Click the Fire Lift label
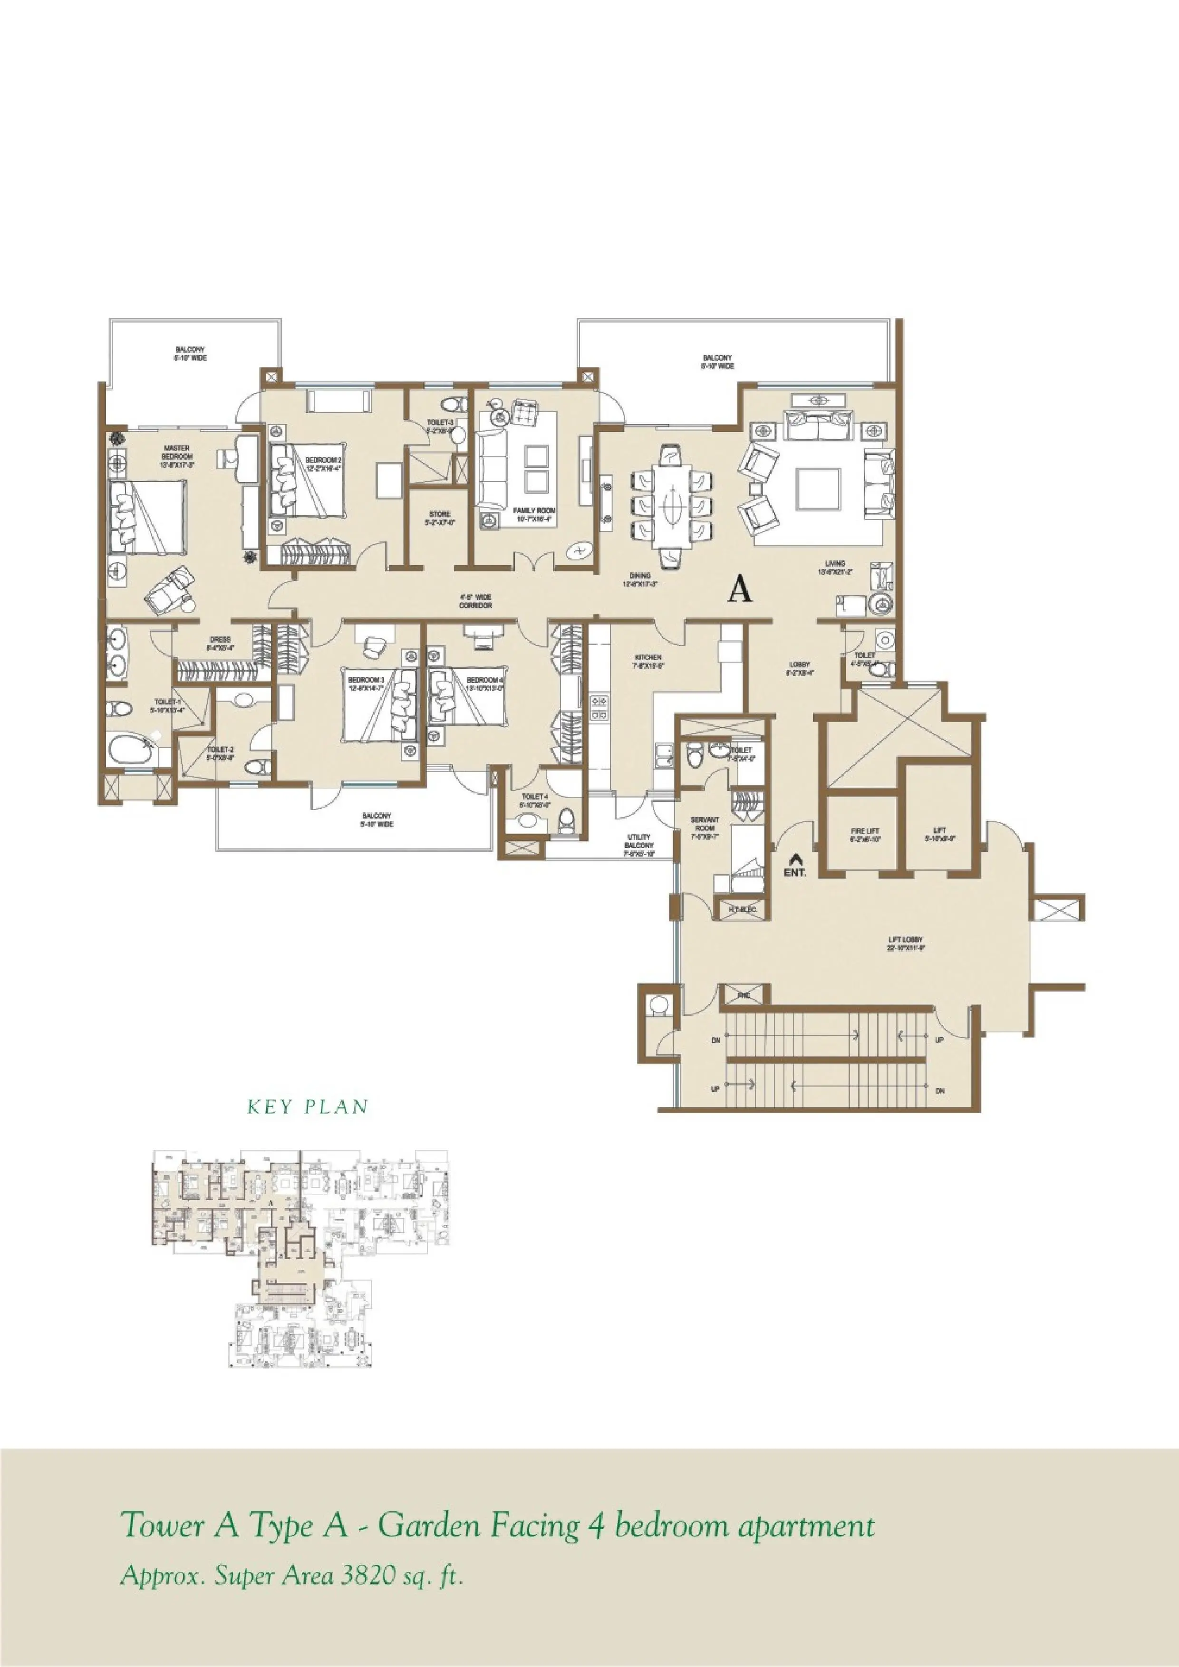pyautogui.click(x=865, y=835)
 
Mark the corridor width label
pyautogui.click(x=475, y=601)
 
